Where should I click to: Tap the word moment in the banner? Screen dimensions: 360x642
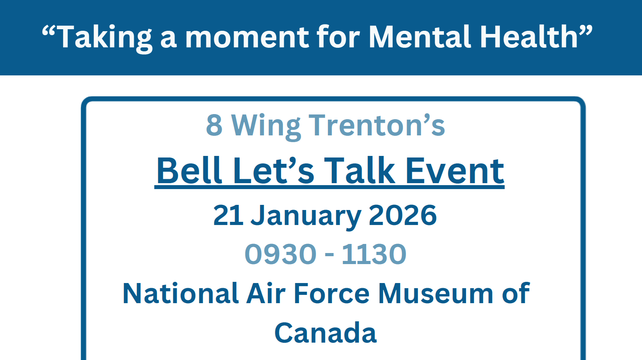(247, 37)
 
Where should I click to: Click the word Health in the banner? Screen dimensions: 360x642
(529, 37)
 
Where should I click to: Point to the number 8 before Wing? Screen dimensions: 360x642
(214, 126)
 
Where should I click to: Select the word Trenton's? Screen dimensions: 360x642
(377, 126)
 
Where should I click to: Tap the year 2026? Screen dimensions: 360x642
(402, 216)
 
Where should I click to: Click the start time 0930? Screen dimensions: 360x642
(281, 254)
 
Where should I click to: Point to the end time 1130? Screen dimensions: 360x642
(374, 254)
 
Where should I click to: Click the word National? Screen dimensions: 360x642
(181, 294)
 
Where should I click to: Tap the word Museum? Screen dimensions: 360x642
(436, 294)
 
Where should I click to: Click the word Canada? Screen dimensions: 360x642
(326, 333)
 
